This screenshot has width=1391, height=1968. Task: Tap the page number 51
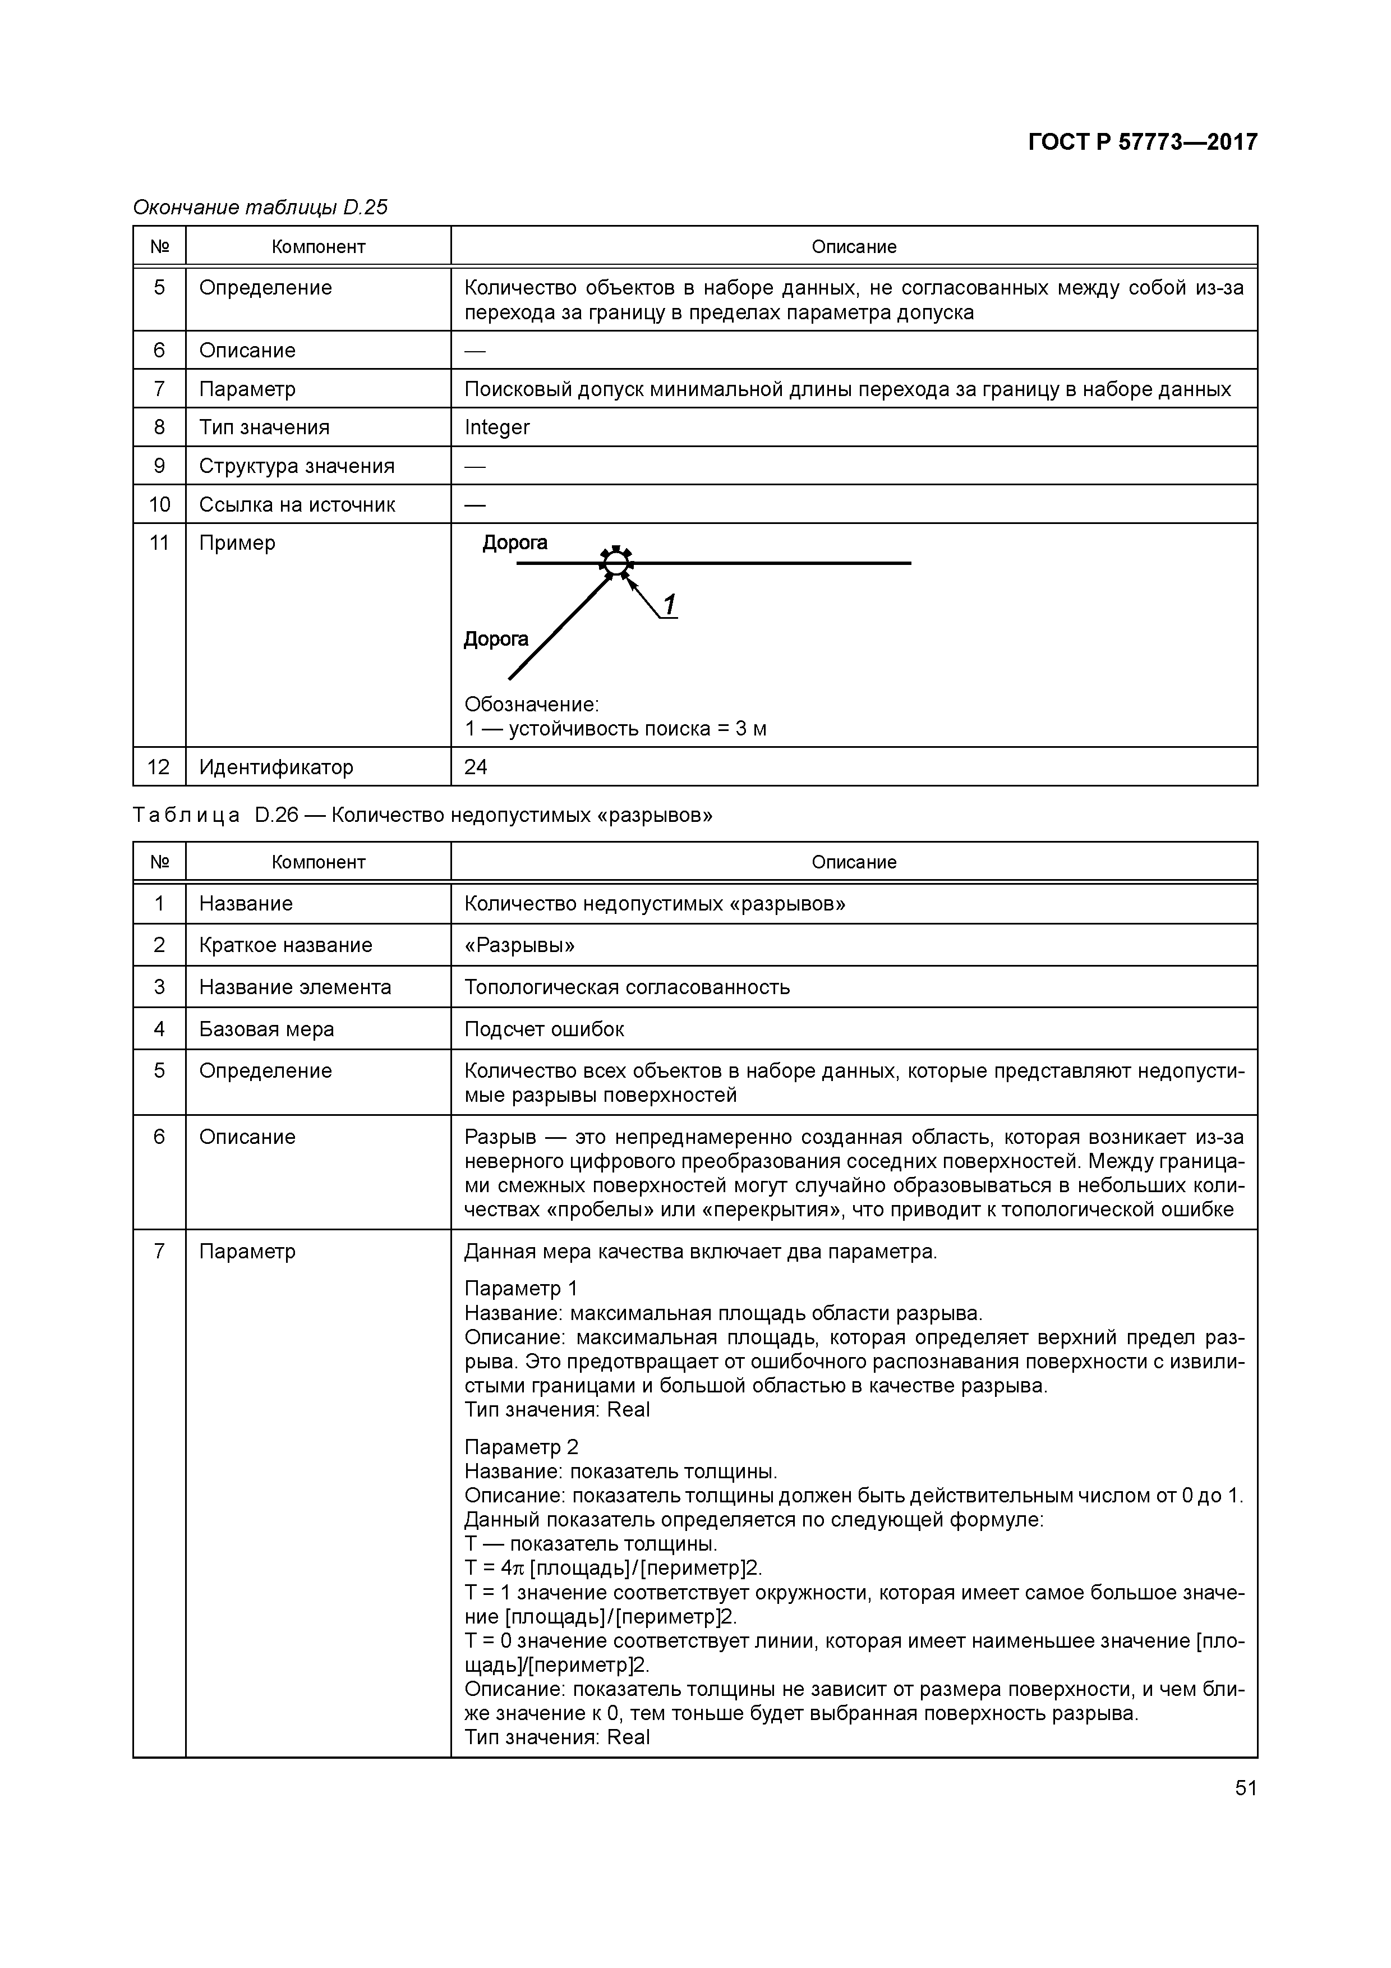pos(1245,1788)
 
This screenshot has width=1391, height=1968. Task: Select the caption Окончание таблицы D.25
pos(260,208)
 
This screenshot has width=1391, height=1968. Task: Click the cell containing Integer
pos(497,427)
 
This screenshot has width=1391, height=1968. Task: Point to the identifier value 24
pos(476,767)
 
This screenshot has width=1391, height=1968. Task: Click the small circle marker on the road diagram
pos(615,562)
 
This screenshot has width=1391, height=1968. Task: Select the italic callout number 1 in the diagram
pos(669,605)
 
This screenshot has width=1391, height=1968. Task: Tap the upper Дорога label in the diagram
pos(514,542)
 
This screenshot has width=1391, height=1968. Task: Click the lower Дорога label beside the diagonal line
pos(495,640)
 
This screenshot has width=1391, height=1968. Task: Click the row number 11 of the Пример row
pos(159,542)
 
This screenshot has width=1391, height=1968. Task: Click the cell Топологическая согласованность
pos(627,987)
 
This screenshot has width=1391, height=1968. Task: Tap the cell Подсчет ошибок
pos(543,1029)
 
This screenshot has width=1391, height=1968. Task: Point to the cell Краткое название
pos(285,945)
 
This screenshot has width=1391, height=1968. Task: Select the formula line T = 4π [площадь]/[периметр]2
pos(613,1569)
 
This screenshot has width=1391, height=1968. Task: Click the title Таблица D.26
pos(422,815)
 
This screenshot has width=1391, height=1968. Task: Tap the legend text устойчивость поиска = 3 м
pos(638,729)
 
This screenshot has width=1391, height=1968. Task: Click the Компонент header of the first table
pos(318,247)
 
